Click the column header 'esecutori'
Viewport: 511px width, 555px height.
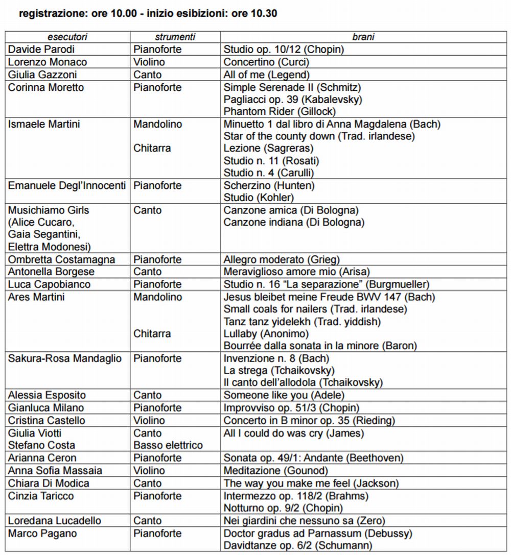[67, 37]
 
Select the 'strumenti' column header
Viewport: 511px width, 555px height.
[175, 37]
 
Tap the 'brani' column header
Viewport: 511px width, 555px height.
[363, 37]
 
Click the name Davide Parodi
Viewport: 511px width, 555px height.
[41, 50]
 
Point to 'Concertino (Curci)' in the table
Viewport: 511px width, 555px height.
[273, 62]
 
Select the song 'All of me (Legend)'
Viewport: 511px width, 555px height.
[269, 75]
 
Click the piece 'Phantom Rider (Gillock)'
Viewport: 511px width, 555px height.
[280, 112]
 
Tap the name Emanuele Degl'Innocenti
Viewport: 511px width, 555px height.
[67, 185]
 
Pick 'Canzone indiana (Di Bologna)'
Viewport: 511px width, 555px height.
[294, 222]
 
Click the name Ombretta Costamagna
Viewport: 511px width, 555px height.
[62, 259]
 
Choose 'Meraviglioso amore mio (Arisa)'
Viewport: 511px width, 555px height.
[296, 272]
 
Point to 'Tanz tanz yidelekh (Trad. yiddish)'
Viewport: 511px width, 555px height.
[302, 322]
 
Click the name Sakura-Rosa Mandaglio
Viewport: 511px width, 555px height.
[65, 358]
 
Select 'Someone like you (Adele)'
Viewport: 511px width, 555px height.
[284, 395]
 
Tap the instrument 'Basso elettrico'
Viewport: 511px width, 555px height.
[168, 445]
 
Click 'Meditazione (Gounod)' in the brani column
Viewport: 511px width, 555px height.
[275, 471]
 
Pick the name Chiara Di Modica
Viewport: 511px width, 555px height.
[49, 483]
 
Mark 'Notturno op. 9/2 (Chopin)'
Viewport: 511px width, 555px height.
[283, 508]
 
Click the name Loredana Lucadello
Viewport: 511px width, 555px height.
[55, 521]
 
